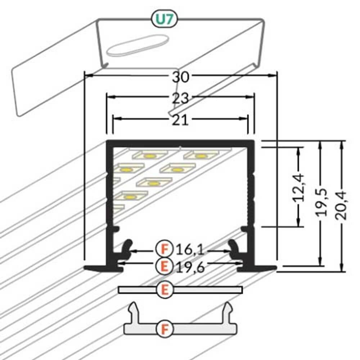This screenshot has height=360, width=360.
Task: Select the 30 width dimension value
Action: (x=180, y=77)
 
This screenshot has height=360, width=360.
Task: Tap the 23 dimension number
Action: (x=180, y=98)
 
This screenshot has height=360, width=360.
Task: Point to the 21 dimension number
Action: (x=180, y=120)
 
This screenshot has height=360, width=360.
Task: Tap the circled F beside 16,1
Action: (x=164, y=249)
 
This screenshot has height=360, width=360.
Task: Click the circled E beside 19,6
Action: (x=164, y=267)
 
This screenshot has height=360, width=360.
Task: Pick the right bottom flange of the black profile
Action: (x=265, y=268)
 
